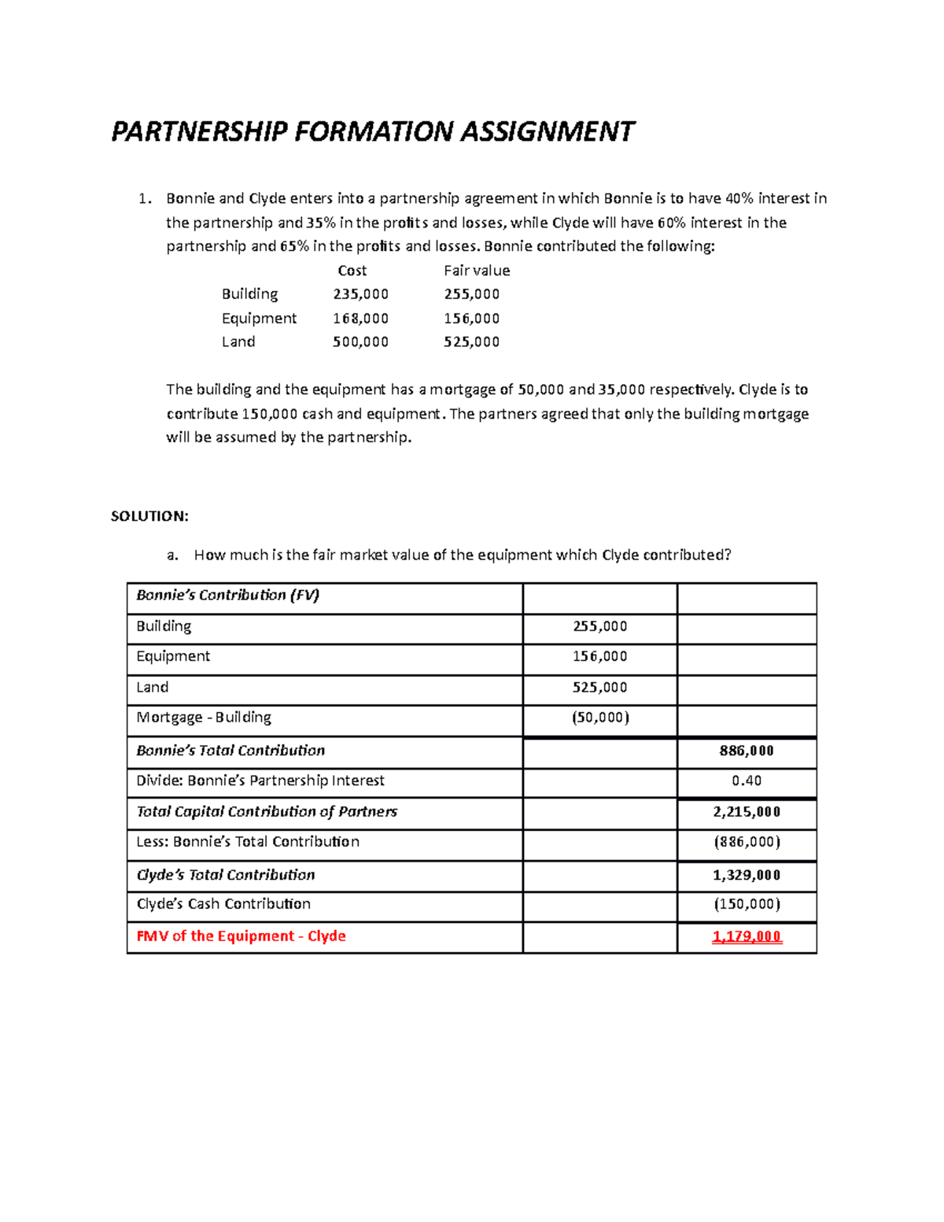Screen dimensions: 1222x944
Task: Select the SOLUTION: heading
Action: pyautogui.click(x=149, y=516)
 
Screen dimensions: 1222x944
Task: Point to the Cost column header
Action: pyautogui.click(x=352, y=271)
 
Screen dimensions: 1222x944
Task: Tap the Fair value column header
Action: pyautogui.click(x=477, y=271)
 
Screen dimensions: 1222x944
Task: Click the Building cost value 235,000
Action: pyautogui.click(x=360, y=294)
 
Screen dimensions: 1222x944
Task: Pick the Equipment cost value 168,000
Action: pyautogui.click(x=360, y=319)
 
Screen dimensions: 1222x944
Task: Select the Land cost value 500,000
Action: pyautogui.click(x=360, y=342)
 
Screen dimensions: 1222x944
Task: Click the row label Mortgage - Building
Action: pyautogui.click(x=204, y=718)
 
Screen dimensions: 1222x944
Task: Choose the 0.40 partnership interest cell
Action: pyautogui.click(x=746, y=781)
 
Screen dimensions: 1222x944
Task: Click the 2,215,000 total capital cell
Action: pyautogui.click(x=746, y=812)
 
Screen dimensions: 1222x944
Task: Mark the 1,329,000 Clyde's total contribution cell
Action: pyautogui.click(x=746, y=875)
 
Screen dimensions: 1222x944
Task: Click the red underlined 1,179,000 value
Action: pyautogui.click(x=746, y=936)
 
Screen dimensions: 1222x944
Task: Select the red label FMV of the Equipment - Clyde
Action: pyautogui.click(x=241, y=936)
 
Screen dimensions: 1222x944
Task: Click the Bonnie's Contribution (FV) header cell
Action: pyautogui.click(x=227, y=596)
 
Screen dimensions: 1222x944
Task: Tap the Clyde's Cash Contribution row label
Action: pyautogui.click(x=223, y=904)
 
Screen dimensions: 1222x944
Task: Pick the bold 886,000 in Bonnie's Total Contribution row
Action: pyautogui.click(x=746, y=751)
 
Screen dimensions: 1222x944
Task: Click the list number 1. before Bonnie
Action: pyautogui.click(x=144, y=199)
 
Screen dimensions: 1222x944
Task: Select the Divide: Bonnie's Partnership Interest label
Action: pyautogui.click(x=260, y=781)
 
